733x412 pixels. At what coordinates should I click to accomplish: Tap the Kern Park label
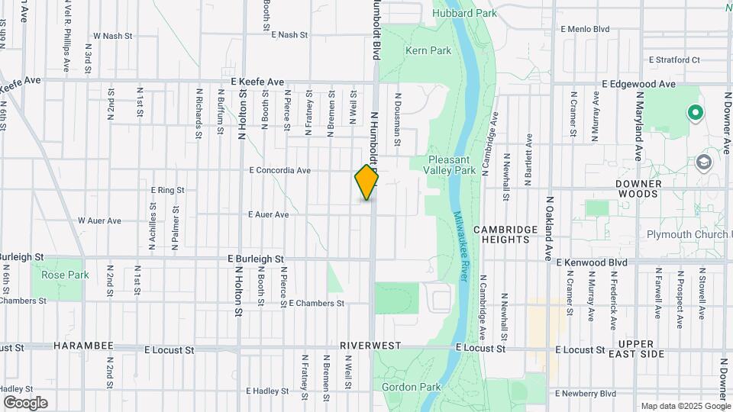(x=428, y=51)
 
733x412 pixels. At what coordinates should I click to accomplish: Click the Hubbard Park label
(x=464, y=13)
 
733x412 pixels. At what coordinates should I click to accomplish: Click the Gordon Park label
(x=412, y=387)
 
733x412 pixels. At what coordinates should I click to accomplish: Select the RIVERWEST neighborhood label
(x=371, y=346)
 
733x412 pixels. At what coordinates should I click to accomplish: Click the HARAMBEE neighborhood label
(x=84, y=346)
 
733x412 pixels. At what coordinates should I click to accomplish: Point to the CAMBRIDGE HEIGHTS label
(x=501, y=234)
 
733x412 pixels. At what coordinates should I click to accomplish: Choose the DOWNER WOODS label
(x=638, y=189)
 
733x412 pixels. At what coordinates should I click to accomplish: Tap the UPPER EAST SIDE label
(x=641, y=349)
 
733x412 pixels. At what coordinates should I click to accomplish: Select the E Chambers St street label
(x=316, y=303)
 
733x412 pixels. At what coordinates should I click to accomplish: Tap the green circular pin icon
(x=695, y=114)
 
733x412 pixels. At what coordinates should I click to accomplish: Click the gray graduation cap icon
(x=703, y=163)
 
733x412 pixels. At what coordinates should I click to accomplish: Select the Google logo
(x=25, y=403)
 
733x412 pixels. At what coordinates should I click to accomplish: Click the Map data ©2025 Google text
(x=685, y=406)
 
